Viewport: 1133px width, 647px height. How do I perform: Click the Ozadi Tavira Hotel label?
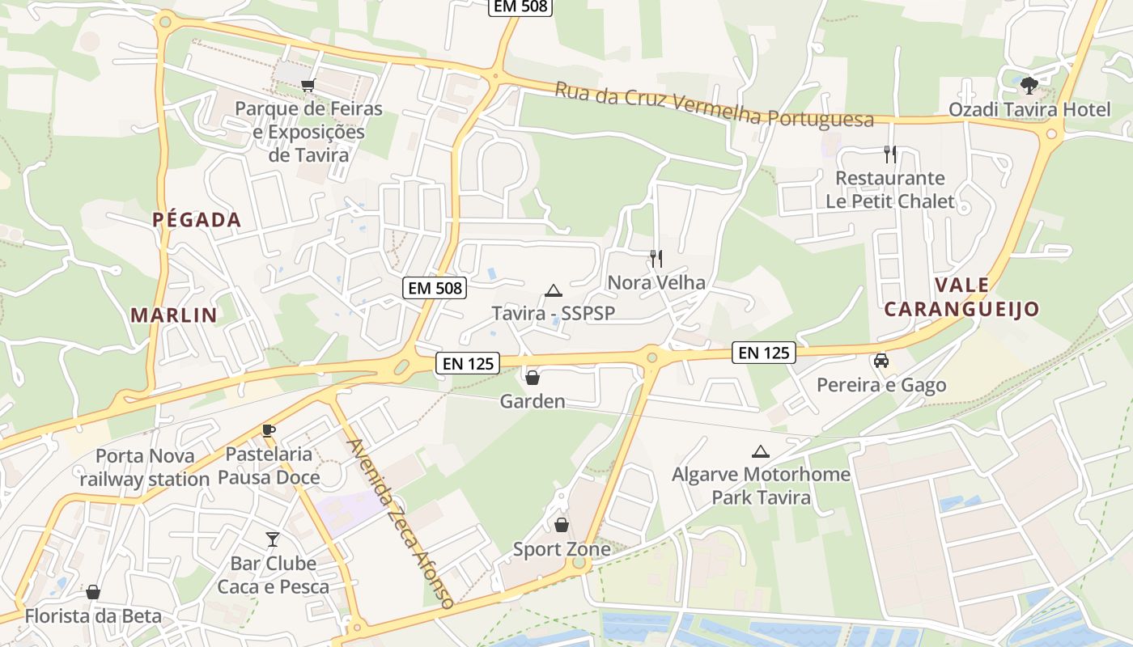[1029, 109]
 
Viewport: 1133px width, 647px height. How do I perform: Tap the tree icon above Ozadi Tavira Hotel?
[1029, 84]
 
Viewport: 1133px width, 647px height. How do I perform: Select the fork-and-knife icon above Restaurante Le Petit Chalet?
[890, 154]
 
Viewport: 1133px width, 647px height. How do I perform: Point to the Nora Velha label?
[656, 282]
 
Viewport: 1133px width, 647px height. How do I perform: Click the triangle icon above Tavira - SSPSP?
[553, 290]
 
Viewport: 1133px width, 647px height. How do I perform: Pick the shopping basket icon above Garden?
[533, 378]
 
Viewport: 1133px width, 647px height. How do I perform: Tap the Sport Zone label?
[562, 550]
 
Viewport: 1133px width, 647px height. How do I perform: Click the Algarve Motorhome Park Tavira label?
[761, 485]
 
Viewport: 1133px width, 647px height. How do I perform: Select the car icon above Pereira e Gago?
[881, 361]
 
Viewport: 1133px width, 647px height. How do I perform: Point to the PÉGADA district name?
[197, 219]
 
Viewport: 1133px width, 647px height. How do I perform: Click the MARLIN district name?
[174, 315]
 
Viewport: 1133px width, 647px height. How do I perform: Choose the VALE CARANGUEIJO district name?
[961, 297]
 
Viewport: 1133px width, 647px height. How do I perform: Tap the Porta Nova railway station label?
[145, 467]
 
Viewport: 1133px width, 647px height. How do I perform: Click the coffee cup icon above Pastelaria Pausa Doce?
[269, 430]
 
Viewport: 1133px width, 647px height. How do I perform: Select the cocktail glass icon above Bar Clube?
[273, 539]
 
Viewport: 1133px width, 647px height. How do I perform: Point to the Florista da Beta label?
[93, 616]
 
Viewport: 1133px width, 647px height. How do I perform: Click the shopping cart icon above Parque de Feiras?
[308, 85]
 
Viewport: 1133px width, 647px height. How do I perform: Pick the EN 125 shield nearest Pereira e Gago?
[764, 352]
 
